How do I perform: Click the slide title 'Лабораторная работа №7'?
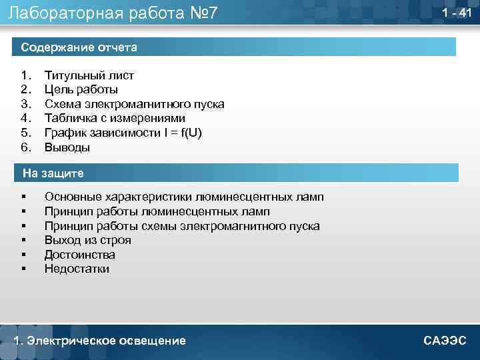pos(113,13)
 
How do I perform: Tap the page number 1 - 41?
pos(457,13)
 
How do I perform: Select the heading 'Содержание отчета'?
pos(79,47)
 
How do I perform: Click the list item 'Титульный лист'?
pos(89,75)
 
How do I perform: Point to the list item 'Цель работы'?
pos(81,89)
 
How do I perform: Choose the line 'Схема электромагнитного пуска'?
pos(134,104)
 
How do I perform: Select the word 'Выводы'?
pos(67,147)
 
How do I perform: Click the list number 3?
pos(25,104)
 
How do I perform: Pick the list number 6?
pos(25,147)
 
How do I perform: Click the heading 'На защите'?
pos(53,173)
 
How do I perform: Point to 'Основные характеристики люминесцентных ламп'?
pos(184,197)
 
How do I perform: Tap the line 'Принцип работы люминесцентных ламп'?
pos(157,211)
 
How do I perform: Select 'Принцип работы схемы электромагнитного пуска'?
pos(182,226)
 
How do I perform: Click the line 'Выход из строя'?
pos(88,240)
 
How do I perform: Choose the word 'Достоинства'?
pos(80,255)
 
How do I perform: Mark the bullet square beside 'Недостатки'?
pos(23,269)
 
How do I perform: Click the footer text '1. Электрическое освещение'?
pos(100,341)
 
